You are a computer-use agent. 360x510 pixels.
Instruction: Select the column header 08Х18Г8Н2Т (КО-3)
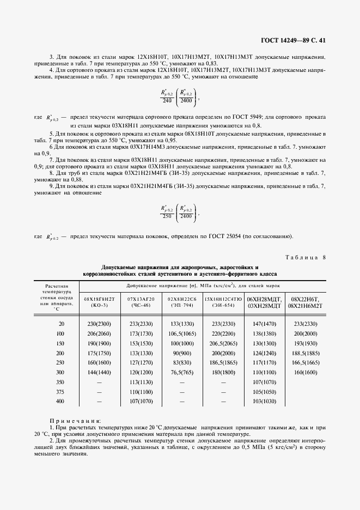[99, 302]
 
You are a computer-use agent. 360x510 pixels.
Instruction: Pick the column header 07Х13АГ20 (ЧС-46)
[141, 302]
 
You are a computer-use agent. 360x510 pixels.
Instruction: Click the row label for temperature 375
[60, 392]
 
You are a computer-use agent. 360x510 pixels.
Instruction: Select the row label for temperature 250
[60, 362]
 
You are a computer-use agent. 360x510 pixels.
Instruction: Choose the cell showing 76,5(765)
[182, 372]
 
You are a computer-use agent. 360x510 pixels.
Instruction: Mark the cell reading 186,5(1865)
[223, 362]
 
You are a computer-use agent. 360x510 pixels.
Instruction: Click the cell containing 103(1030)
[264, 402]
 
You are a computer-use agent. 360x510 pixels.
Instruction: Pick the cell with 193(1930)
[306, 343]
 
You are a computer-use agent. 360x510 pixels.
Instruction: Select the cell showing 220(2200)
[223, 333]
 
